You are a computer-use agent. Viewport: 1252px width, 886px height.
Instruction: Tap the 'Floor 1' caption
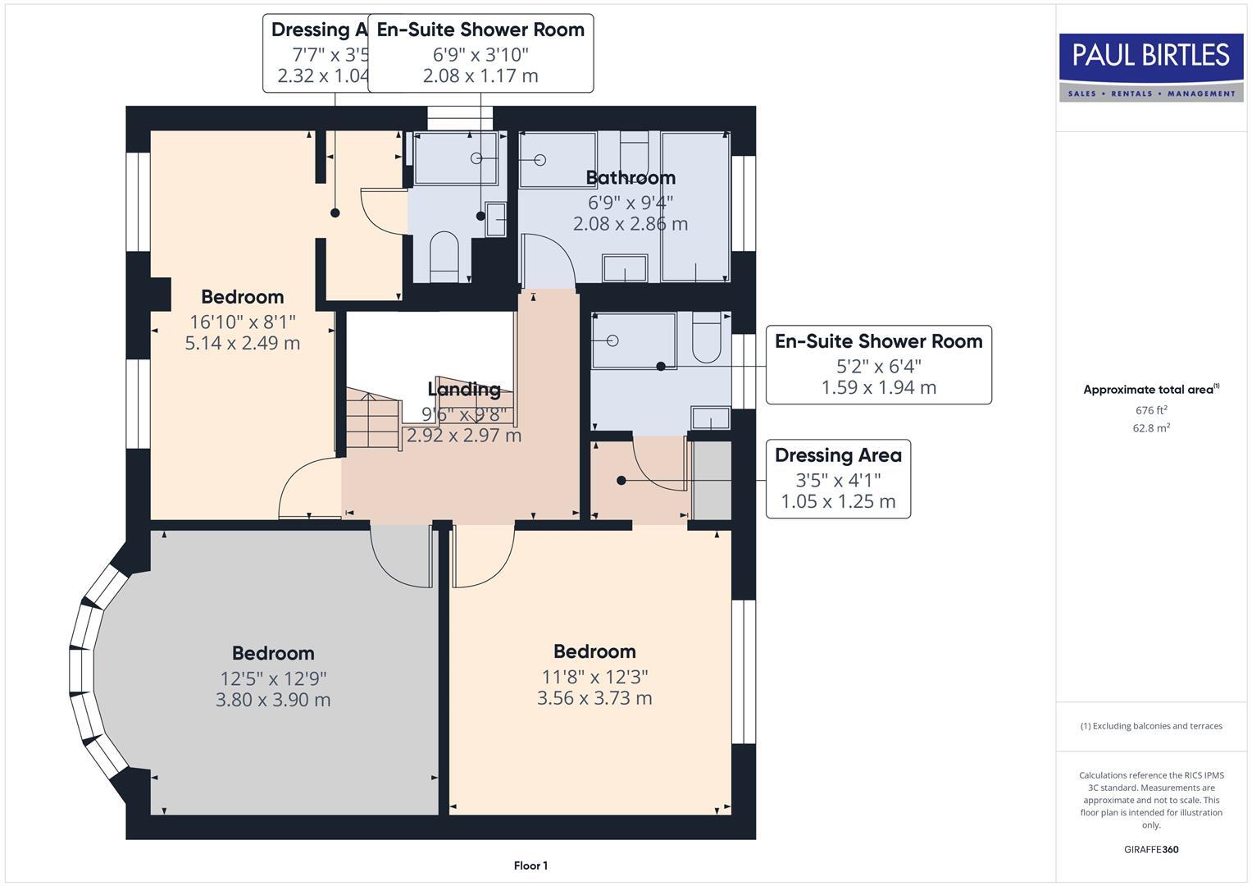coord(530,865)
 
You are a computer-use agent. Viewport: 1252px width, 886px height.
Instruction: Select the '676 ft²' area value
coord(1150,410)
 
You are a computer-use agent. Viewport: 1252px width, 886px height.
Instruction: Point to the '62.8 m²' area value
coord(1150,427)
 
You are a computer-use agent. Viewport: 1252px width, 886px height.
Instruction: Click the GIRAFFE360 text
coord(1150,849)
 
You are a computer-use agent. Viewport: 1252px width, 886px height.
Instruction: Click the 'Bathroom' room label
coord(630,178)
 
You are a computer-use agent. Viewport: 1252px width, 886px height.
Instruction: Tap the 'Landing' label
coord(464,389)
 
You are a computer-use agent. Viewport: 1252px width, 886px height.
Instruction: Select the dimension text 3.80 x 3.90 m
coord(273,700)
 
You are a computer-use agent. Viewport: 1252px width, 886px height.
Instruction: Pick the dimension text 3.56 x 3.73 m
coord(594,698)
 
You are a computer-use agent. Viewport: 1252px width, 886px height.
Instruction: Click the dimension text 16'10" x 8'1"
coord(242,322)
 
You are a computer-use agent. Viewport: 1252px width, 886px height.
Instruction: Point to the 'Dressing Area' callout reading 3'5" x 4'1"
coord(838,479)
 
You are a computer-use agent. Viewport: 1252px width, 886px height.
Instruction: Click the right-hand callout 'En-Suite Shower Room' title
coord(878,341)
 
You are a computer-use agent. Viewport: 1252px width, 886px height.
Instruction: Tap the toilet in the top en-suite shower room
coord(444,255)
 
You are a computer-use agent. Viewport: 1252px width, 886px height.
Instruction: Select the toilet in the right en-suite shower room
coord(706,338)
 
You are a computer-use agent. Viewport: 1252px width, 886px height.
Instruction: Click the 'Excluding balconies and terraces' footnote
coord(1150,726)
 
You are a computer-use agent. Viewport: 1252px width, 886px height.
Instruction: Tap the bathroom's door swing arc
coord(550,258)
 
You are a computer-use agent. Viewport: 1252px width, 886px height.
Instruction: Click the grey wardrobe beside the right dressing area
coord(712,481)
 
